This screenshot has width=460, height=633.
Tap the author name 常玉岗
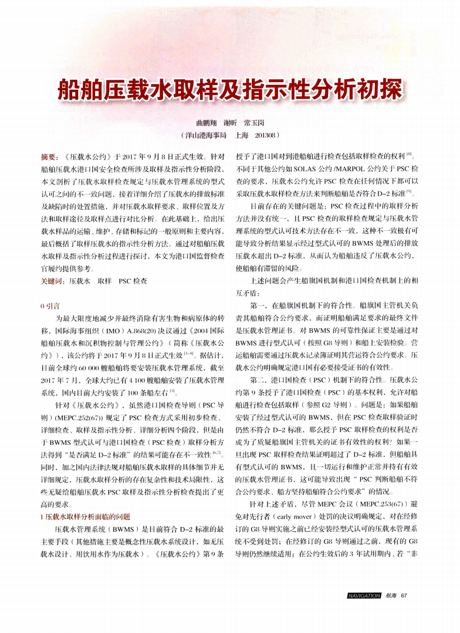tap(253, 123)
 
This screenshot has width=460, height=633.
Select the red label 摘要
tap(47, 156)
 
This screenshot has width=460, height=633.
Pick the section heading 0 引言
tap(49, 305)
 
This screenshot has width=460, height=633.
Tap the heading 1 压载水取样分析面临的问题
tap(83, 516)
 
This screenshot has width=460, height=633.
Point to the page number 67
tap(404, 596)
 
